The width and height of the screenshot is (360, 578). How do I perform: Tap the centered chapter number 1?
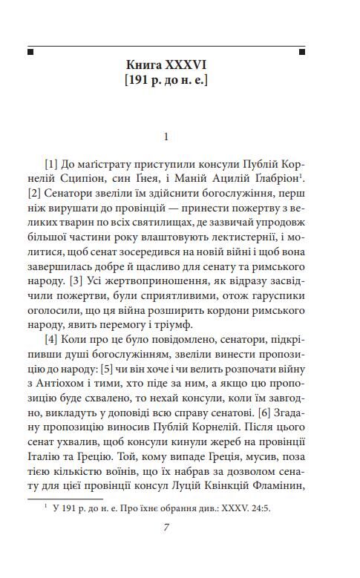click(x=166, y=137)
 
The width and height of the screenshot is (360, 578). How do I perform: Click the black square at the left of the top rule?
click(x=30, y=52)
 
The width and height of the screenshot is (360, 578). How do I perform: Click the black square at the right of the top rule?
click(x=301, y=52)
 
